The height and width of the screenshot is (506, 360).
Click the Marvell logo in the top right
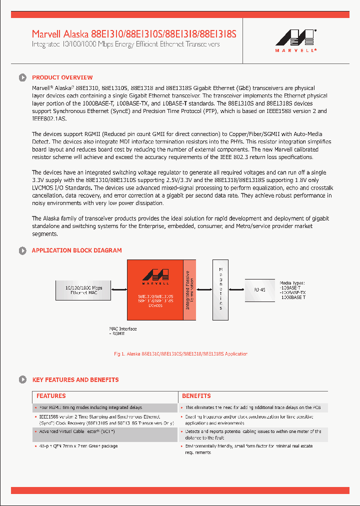pyautogui.click(x=295, y=40)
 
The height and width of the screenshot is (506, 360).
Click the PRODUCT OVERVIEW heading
pyautogui.click(x=62, y=77)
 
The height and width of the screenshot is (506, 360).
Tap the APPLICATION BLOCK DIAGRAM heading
pyautogui.click(x=76, y=250)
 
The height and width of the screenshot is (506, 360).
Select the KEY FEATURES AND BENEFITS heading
pyautogui.click(x=75, y=380)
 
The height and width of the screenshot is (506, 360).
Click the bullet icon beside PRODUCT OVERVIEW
pyautogui.click(x=22, y=77)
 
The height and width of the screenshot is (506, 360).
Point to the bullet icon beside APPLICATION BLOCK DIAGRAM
pyautogui.click(x=22, y=250)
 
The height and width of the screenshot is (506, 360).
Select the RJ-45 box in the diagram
pyautogui.click(x=259, y=290)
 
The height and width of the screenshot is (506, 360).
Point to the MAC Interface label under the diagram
pyautogui.click(x=123, y=329)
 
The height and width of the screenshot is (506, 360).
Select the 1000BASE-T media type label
pyautogui.click(x=293, y=297)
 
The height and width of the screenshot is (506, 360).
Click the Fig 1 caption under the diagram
pyautogui.click(x=180, y=354)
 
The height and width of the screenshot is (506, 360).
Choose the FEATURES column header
pyautogui.click(x=51, y=396)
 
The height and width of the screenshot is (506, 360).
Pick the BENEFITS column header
pyautogui.click(x=196, y=396)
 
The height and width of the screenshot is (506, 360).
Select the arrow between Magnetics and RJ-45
pyautogui.click(x=236, y=289)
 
